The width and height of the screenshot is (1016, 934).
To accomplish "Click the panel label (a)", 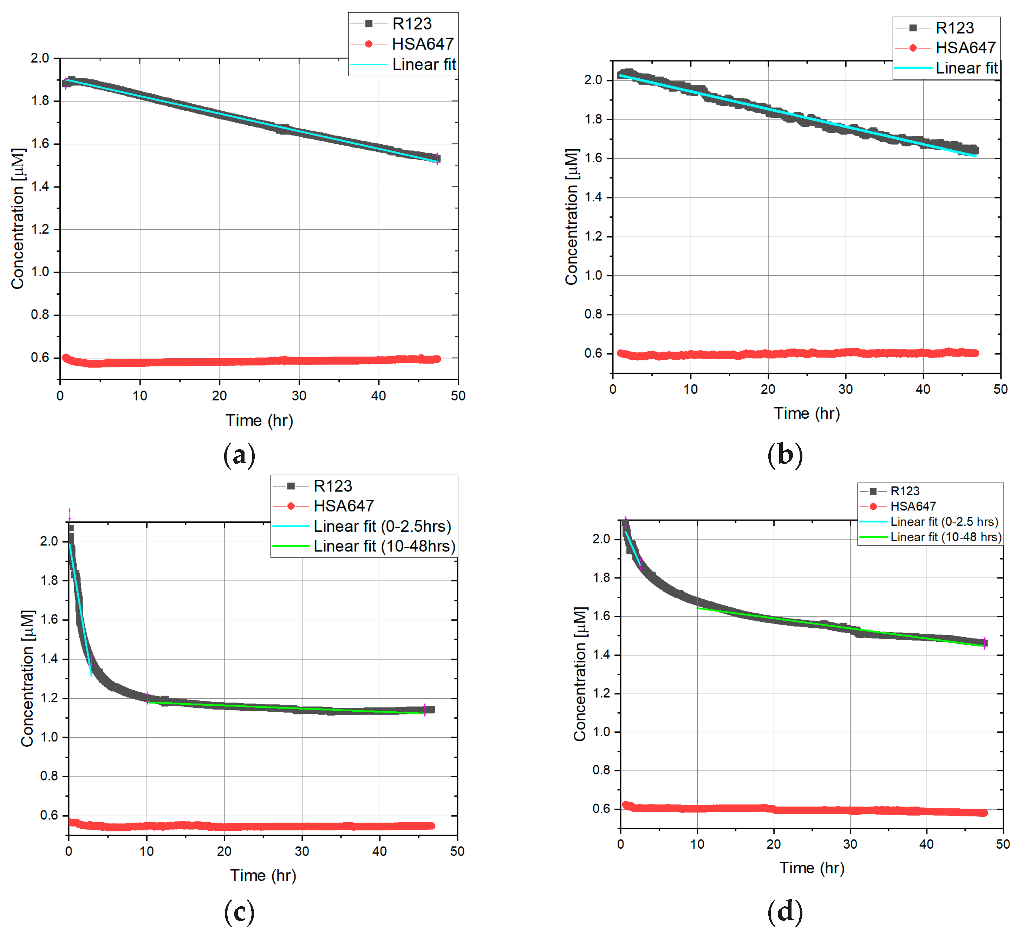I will (239, 455).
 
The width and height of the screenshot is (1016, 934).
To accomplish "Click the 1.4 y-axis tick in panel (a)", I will (40, 187).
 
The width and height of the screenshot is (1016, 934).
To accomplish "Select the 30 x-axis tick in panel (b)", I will (845, 389).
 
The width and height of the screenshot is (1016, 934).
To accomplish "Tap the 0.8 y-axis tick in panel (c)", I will (49, 776).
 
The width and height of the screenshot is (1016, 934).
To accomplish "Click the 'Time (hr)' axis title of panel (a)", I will (259, 420).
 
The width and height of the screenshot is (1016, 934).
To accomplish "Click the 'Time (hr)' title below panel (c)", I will (263, 875).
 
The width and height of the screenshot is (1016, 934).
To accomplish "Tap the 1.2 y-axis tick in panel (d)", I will (601, 693).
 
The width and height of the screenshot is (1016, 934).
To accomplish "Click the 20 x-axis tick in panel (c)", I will (224, 851).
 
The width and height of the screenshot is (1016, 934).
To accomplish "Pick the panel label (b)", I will (784, 455).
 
